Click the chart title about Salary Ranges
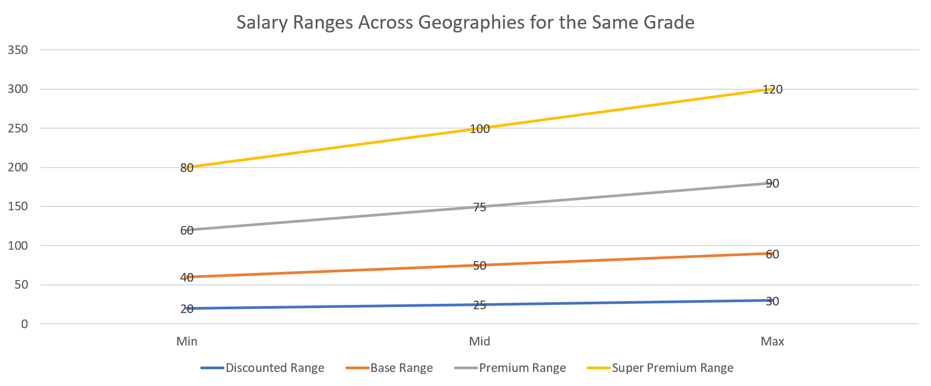(x=465, y=23)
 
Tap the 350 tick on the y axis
(x=17, y=50)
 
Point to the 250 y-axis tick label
(x=17, y=128)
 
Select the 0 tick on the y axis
(x=24, y=324)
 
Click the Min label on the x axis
(x=187, y=341)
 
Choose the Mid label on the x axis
(x=479, y=341)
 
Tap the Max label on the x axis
(x=772, y=341)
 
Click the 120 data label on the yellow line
(x=772, y=90)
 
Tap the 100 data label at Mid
(x=479, y=129)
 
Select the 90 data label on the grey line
(x=772, y=184)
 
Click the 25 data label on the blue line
(x=479, y=305)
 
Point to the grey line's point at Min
(x=187, y=230)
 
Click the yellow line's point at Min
(x=187, y=167)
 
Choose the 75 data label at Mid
(x=479, y=207)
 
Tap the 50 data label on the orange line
(x=479, y=265)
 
